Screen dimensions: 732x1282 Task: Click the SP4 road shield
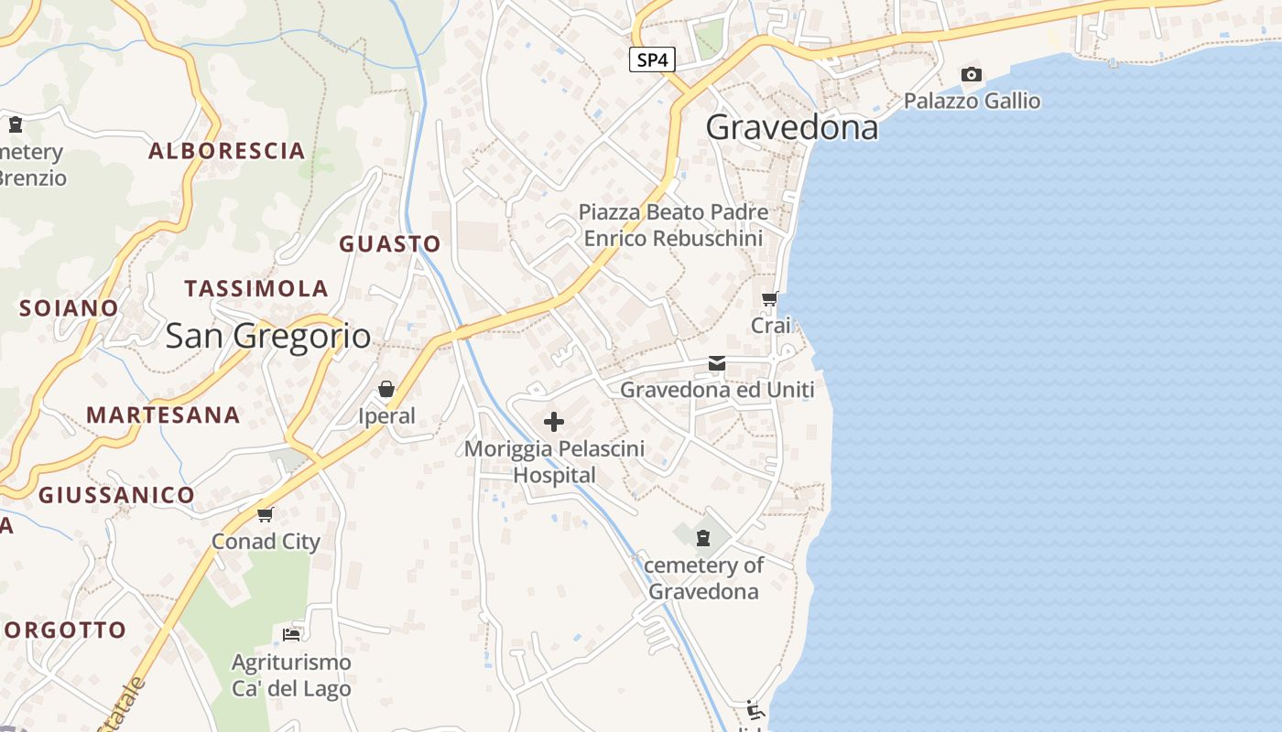(653, 60)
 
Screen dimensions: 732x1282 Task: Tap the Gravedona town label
(792, 127)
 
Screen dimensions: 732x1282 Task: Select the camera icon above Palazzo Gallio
(972, 74)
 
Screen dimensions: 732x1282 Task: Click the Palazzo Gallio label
(972, 101)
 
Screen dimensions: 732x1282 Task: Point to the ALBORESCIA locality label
(226, 151)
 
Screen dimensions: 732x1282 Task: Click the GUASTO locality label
(390, 244)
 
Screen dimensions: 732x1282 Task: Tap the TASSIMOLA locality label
(256, 289)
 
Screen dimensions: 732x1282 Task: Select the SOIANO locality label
(70, 308)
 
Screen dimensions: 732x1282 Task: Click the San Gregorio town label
(268, 336)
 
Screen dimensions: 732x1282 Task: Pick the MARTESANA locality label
(163, 415)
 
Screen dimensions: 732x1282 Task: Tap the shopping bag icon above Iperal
(386, 390)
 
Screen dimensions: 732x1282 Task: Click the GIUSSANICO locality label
(116, 496)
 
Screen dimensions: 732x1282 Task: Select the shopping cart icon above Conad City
(266, 514)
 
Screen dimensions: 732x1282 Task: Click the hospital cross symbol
(554, 422)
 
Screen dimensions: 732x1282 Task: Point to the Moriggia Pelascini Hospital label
(554, 462)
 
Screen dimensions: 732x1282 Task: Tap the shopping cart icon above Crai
(770, 298)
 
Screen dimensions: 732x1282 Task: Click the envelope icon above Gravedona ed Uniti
(717, 364)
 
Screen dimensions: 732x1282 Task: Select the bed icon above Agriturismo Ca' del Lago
(291, 634)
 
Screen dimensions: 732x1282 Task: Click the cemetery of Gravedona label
(703, 578)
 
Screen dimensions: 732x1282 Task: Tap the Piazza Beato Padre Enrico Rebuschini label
(673, 225)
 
